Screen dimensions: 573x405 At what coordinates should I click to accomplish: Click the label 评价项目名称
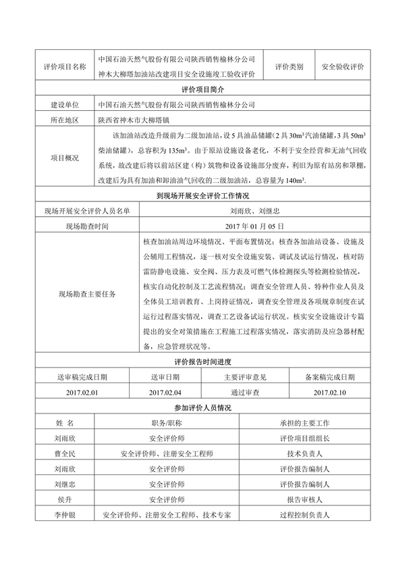coord(64,67)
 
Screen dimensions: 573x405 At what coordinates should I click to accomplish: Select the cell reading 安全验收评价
coord(343,67)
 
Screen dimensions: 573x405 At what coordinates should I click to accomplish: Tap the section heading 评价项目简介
coord(202,89)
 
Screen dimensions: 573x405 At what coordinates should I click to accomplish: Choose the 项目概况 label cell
coord(64,158)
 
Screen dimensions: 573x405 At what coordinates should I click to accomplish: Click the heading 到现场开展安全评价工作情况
coord(202,197)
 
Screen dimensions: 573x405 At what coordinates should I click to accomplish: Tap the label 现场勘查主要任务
coord(87,294)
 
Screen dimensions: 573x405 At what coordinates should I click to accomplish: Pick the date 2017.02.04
coord(165,392)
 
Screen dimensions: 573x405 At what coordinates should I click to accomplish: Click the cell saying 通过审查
coord(245,392)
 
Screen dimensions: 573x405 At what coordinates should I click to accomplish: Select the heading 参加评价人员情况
coord(202,407)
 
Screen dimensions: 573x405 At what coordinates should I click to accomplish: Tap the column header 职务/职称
coord(166,422)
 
